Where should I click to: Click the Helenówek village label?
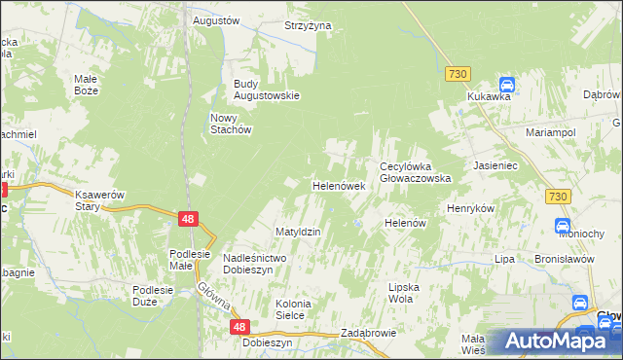pos(338,185)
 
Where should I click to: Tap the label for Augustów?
pos(216,19)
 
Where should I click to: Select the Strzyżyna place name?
pos(308,25)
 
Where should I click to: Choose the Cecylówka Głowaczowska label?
pos(415,172)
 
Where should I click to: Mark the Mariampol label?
pos(551,131)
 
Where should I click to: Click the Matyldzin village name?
pos(298,233)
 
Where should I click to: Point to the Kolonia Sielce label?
pos(290,309)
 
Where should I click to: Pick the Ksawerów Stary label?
pos(100,200)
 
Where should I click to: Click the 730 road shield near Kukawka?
pos(458,74)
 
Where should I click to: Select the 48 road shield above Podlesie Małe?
pos(189,220)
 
